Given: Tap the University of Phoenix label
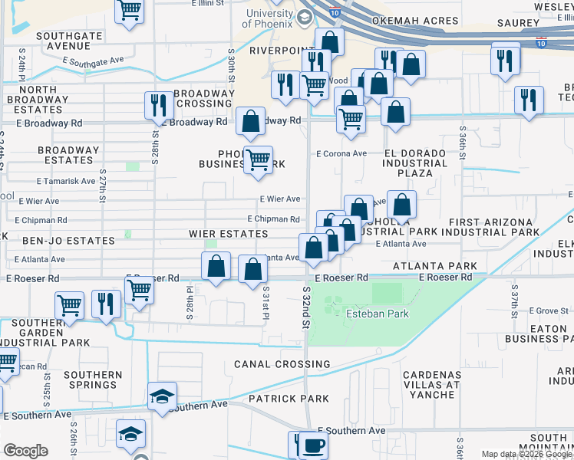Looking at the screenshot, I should click(270, 19).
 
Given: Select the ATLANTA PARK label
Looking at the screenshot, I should click(434, 266).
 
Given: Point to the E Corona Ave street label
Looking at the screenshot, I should click(341, 154).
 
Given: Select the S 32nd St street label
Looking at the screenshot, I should click(306, 305).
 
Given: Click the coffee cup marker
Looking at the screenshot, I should click(312, 445).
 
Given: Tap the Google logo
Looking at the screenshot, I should click(25, 451).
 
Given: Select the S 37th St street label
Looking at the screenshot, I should click(514, 294).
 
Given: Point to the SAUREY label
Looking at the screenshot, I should click(518, 23).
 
